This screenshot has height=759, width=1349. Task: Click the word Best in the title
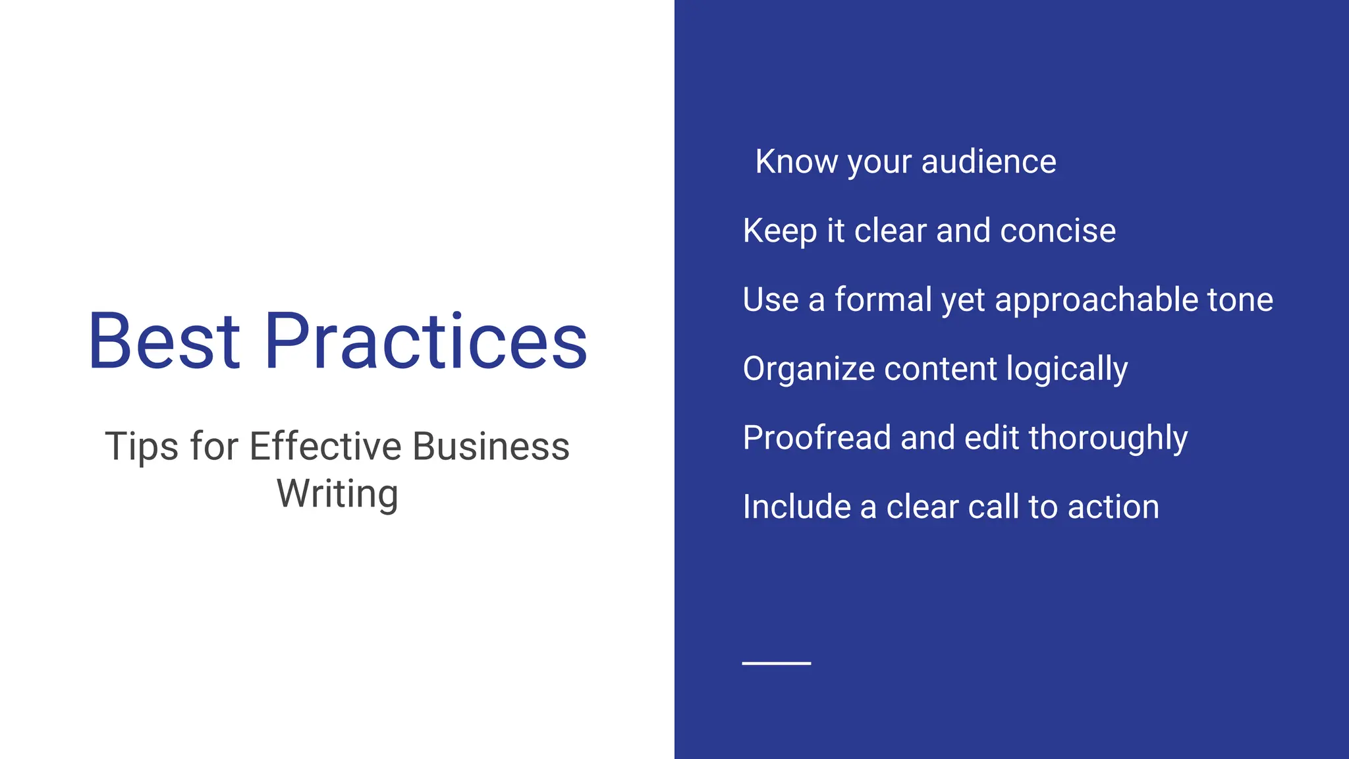(x=164, y=341)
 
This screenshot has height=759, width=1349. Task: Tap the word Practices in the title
(x=426, y=341)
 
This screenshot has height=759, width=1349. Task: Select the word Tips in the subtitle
(x=142, y=447)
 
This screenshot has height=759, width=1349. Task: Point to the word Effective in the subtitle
(x=325, y=447)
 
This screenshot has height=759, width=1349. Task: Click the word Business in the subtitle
(x=491, y=447)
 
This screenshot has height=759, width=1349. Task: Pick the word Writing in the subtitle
(x=337, y=494)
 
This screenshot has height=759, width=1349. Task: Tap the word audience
(x=989, y=161)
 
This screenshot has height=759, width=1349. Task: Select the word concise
(x=1058, y=231)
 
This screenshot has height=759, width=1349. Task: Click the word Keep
(x=780, y=231)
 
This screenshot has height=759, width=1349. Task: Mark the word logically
(x=1067, y=369)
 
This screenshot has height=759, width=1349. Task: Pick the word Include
(x=796, y=507)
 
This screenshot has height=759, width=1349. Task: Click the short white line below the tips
(x=777, y=663)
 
